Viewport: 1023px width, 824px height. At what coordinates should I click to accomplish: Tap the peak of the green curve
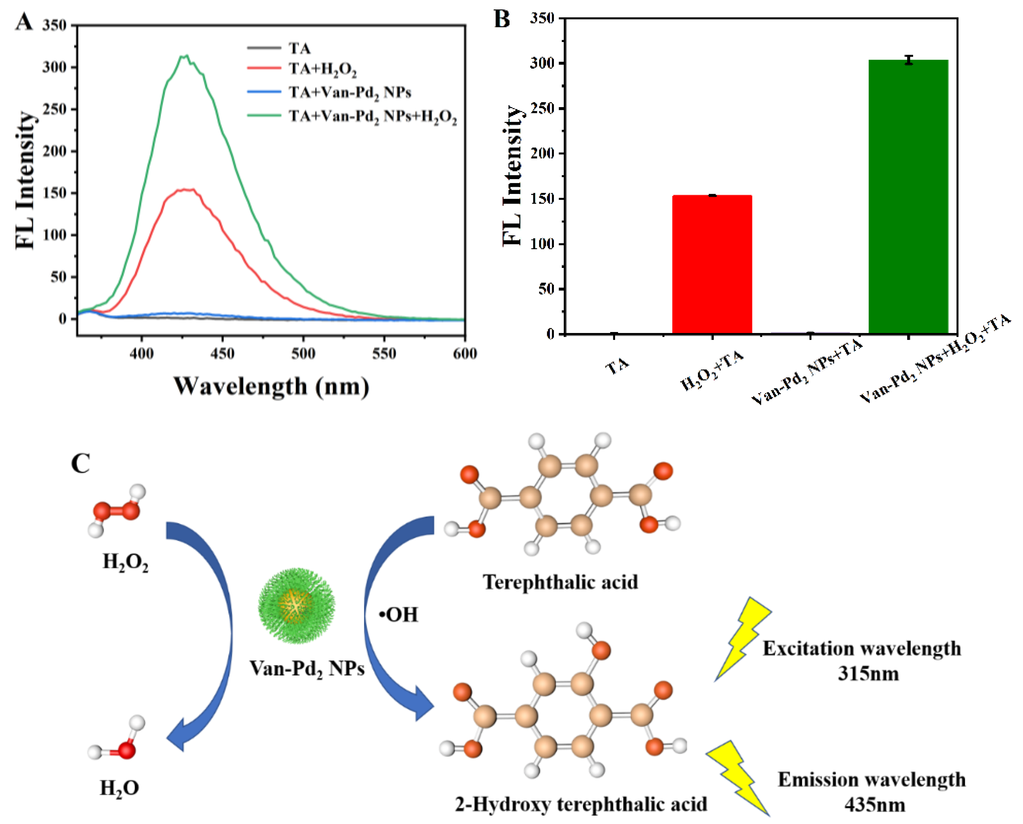pos(186,56)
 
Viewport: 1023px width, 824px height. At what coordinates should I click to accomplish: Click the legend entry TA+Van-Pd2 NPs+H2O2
pos(373,116)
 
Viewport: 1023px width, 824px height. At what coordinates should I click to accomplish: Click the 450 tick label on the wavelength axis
pos(222,354)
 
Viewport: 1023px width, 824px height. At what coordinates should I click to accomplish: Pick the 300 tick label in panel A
pos(54,67)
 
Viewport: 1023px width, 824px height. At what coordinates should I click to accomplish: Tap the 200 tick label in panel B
pos(544,153)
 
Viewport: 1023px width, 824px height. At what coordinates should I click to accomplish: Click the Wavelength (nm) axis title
pos(271,386)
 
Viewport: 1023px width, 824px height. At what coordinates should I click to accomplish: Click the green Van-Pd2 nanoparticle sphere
pos(296,606)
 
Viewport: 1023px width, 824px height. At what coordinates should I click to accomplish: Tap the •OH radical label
pos(399,615)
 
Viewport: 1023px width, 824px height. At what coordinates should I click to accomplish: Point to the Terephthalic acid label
pos(560,582)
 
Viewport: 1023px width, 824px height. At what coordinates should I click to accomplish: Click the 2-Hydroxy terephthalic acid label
pos(581,804)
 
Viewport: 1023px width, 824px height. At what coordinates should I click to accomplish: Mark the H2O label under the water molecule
pos(119,788)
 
